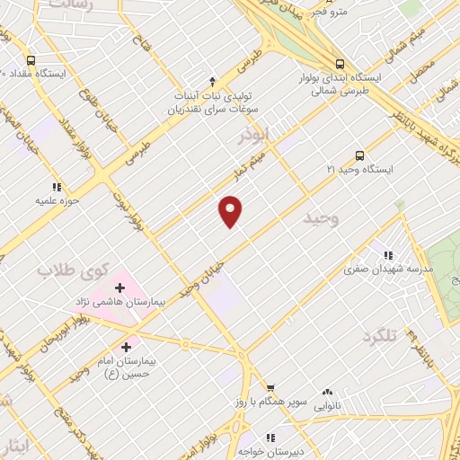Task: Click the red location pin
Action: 232,211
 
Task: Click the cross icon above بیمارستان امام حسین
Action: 125,347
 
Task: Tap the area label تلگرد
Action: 380,337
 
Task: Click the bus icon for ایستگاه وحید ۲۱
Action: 360,155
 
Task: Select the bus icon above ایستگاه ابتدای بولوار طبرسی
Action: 340,64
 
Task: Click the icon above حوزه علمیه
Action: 57,188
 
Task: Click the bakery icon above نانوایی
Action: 328,393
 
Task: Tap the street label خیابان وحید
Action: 199,273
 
